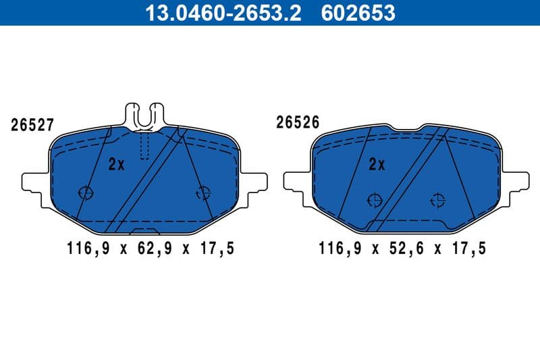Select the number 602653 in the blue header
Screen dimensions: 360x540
coord(358,12)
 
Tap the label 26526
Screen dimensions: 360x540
coord(297,122)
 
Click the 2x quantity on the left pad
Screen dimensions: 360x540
coord(117,164)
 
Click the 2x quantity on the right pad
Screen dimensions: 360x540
coord(377,164)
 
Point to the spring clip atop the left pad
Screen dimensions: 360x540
coord(145,115)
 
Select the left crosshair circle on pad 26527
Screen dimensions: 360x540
coord(86,192)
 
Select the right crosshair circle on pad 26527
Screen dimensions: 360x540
coord(202,193)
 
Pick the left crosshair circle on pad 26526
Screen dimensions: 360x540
coord(374,199)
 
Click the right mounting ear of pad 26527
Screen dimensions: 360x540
coord(255,182)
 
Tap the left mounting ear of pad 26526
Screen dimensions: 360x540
coord(296,180)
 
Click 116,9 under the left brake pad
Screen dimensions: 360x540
coord(88,249)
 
